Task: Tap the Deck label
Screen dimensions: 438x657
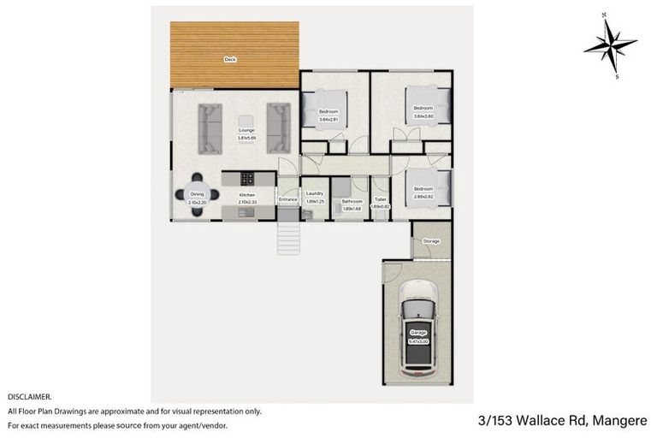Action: pos(229,60)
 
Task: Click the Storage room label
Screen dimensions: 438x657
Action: pos(431,241)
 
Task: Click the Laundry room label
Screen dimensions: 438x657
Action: pos(314,193)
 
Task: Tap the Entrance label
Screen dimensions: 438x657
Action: pos(288,200)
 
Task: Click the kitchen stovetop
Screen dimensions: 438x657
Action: pos(247,179)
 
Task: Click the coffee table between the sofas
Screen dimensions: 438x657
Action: pos(246,121)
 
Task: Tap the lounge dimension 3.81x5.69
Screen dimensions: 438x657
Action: pos(246,138)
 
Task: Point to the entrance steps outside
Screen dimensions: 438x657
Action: pos(288,237)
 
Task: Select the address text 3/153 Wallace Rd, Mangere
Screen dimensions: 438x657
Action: pos(562,420)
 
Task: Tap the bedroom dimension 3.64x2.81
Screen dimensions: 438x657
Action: pos(328,119)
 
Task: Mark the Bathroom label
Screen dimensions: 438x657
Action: pos(352,201)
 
